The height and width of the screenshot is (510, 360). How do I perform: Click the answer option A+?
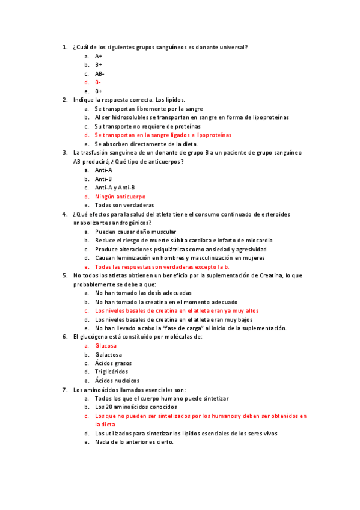pyautogui.click(x=99, y=55)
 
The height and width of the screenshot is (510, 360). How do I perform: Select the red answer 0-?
pyautogui.click(x=97, y=82)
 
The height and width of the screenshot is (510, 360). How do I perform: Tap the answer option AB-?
pyautogui.click(x=99, y=73)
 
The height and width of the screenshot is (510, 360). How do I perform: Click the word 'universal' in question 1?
pyautogui.click(x=233, y=47)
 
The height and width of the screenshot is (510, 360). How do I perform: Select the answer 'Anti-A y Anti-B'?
pyautogui.click(x=115, y=188)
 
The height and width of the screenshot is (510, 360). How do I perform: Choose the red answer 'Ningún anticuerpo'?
pyautogui.click(x=120, y=197)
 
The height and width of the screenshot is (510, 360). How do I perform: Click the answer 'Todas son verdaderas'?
pyautogui.click(x=124, y=205)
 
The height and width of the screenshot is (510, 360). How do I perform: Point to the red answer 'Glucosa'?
pyautogui.click(x=106, y=346)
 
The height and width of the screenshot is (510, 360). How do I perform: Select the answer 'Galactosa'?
pyautogui.click(x=108, y=355)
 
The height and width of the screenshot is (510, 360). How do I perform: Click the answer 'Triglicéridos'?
pyautogui.click(x=111, y=372)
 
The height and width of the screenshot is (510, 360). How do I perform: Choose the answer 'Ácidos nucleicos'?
pyautogui.click(x=117, y=381)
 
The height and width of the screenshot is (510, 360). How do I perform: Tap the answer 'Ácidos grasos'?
pyautogui.click(x=113, y=363)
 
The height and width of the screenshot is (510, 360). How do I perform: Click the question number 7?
pyautogui.click(x=64, y=390)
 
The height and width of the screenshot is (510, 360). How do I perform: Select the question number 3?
pyautogui.click(x=64, y=153)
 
